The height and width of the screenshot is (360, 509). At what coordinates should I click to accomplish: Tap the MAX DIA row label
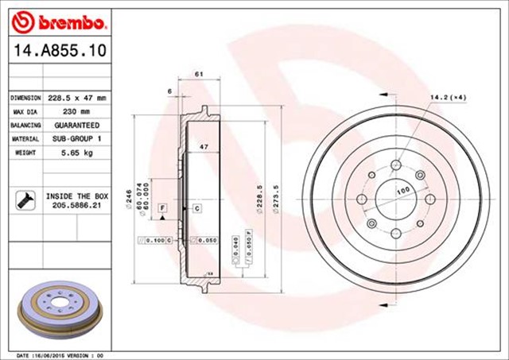pyautogui.click(x=25, y=111)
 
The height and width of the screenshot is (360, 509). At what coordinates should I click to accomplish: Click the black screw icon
pyautogui.click(x=23, y=199)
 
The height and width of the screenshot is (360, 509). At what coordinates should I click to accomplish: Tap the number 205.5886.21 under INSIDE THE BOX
pyautogui.click(x=76, y=205)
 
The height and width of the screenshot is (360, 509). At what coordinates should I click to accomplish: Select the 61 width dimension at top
pyautogui.click(x=197, y=75)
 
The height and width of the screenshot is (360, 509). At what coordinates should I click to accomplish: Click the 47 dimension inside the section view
pyautogui.click(x=203, y=147)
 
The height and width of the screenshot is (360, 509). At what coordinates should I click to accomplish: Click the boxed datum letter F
pyautogui.click(x=162, y=207)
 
